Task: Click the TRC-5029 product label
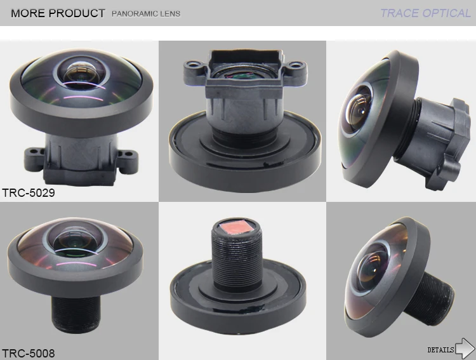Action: click(29, 192)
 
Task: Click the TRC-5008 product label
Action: click(29, 353)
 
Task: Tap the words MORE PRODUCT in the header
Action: click(58, 13)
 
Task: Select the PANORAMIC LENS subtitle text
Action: click(146, 13)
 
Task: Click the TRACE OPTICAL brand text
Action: click(425, 13)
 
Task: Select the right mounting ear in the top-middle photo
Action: click(293, 65)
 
